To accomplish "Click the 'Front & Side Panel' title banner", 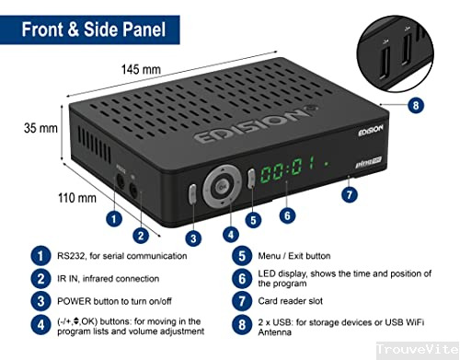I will [x=89, y=29].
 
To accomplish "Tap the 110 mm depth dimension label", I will [x=76, y=197].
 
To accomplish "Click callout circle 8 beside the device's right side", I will [x=416, y=106].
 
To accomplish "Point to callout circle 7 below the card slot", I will [x=349, y=194].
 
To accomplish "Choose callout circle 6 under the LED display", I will [x=287, y=215].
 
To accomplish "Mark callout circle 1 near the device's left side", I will [x=113, y=218].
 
